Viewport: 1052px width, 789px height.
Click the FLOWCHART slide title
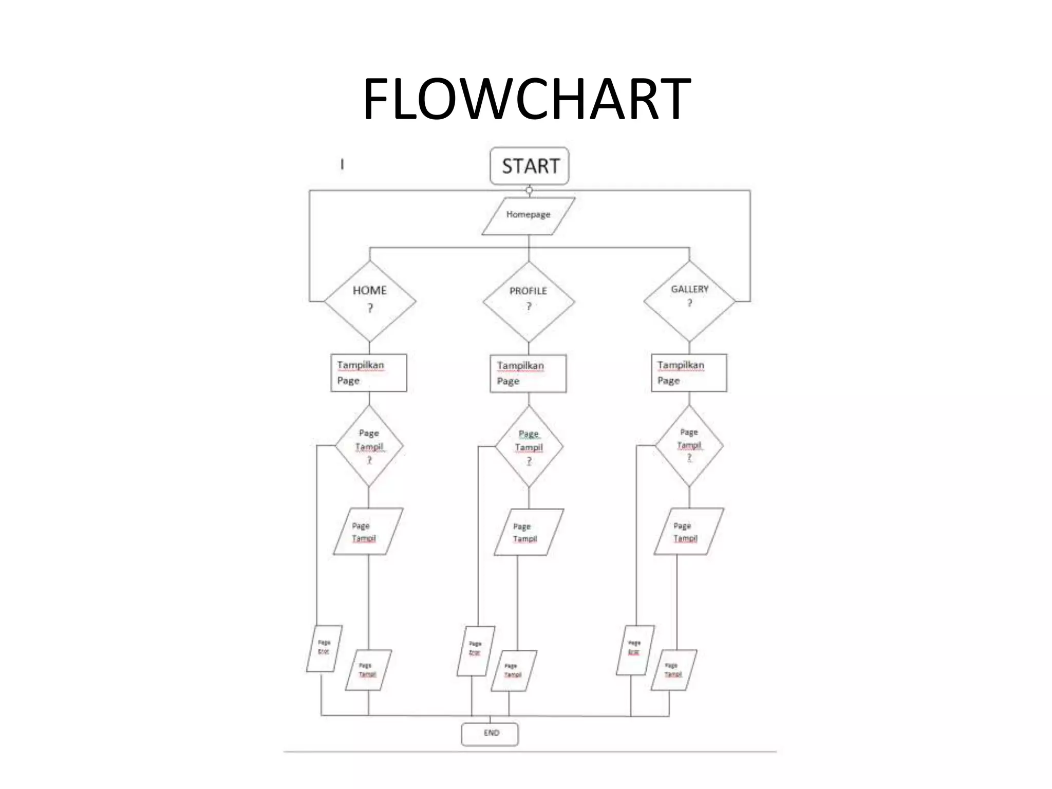click(526, 99)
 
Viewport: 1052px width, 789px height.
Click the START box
click(530, 166)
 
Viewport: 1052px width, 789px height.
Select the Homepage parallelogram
click(528, 216)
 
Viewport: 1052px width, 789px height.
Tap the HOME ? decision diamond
click(370, 300)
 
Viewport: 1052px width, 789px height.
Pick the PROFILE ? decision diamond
click(529, 301)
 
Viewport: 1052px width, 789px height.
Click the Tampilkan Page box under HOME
click(369, 373)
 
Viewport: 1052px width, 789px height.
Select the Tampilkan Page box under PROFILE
click(528, 373)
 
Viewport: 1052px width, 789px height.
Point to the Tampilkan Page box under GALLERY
click(689, 373)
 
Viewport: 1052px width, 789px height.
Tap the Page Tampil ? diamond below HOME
click(369, 446)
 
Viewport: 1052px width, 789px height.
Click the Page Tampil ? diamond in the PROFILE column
click(529, 447)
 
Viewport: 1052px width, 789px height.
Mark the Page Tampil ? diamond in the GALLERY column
click(689, 445)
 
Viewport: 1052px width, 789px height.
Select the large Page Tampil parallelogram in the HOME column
click(368, 532)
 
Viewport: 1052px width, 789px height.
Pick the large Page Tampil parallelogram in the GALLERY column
click(688, 532)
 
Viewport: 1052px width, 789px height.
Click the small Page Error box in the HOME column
click(324, 648)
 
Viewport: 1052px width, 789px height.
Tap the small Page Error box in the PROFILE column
click(476, 650)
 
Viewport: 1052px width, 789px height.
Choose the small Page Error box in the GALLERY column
click(635, 649)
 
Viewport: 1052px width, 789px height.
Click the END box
click(490, 734)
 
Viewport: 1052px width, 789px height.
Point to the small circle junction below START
click(529, 190)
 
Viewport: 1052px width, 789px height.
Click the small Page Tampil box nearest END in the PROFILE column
click(514, 671)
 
